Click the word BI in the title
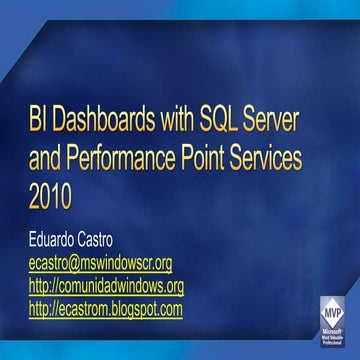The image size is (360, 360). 39,128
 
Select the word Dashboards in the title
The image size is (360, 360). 108,128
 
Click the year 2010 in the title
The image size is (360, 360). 50,195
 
